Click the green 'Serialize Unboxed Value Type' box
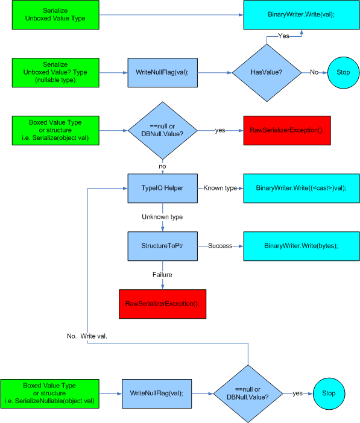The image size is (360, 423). [x=55, y=15]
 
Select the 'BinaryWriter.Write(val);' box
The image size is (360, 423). [x=302, y=15]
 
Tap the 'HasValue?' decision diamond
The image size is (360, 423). [x=267, y=72]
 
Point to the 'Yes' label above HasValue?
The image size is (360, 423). [x=283, y=36]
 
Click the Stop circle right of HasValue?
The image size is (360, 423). [x=343, y=72]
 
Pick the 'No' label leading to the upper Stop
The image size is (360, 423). [x=314, y=72]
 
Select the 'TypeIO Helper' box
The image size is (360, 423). [x=163, y=188]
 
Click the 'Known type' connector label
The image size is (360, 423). [x=220, y=188]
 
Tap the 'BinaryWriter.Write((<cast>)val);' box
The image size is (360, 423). [x=302, y=188]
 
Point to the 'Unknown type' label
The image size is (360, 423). [x=162, y=217]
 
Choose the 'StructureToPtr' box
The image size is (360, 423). [x=163, y=246]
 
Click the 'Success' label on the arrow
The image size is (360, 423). [x=220, y=246]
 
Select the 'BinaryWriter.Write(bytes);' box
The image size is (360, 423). [x=302, y=246]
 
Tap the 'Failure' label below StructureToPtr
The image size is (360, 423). [x=162, y=275]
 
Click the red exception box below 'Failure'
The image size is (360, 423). [x=163, y=304]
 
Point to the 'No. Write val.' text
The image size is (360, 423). [x=87, y=336]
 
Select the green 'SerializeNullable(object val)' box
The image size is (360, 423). [x=49, y=393]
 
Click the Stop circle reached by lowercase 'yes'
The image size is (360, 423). [x=329, y=393]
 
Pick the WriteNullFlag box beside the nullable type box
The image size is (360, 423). [x=163, y=72]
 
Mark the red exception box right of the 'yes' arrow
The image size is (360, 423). [x=287, y=131]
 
